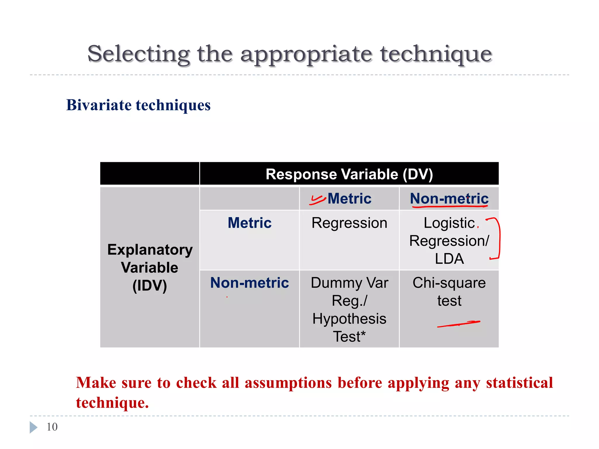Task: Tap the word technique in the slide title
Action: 436,54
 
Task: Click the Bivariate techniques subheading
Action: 138,105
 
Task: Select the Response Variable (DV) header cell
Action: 349,174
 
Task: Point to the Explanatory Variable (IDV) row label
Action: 150,267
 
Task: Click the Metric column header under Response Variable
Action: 350,199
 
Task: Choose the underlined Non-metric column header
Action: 449,199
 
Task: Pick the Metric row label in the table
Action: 249,223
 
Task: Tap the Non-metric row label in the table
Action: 249,283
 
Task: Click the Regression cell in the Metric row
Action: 350,223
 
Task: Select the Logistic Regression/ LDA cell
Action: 449,241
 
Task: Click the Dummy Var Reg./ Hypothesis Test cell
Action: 350,309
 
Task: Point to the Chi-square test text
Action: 449,291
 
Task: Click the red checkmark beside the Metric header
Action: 317,200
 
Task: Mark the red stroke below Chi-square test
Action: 459,324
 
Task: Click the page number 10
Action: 52,427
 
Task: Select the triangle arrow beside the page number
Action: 33,427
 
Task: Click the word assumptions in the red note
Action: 288,383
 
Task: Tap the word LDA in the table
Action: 449,259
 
